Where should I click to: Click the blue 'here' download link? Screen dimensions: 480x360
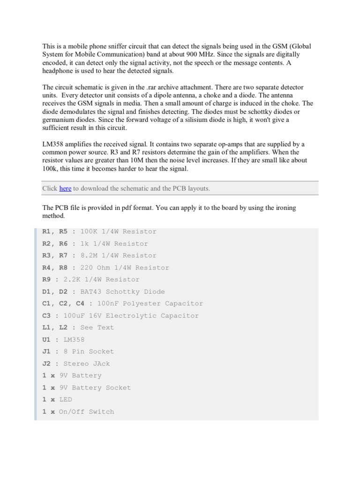[x=65, y=188]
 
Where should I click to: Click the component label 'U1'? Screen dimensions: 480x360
[x=46, y=339]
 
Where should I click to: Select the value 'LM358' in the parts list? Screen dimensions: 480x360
[x=74, y=339]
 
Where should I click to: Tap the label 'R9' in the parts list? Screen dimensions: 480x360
[x=46, y=279]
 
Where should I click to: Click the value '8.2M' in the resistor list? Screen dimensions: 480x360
[x=90, y=255]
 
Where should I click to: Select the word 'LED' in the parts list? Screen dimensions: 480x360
[x=66, y=399]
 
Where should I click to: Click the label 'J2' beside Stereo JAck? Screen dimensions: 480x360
[x=46, y=363]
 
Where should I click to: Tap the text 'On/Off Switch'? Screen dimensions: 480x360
[x=86, y=412]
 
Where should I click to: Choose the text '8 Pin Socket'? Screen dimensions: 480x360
[x=89, y=351]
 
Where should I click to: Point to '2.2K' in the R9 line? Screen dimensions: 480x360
[x=72, y=279]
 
